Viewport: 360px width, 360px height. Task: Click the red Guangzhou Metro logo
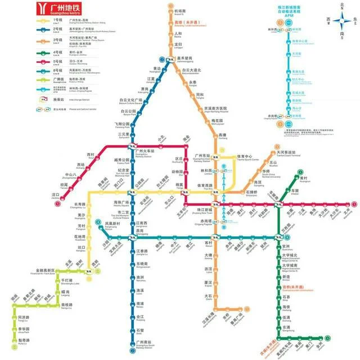point(41,10)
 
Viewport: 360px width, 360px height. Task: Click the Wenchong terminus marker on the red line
point(354,205)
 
